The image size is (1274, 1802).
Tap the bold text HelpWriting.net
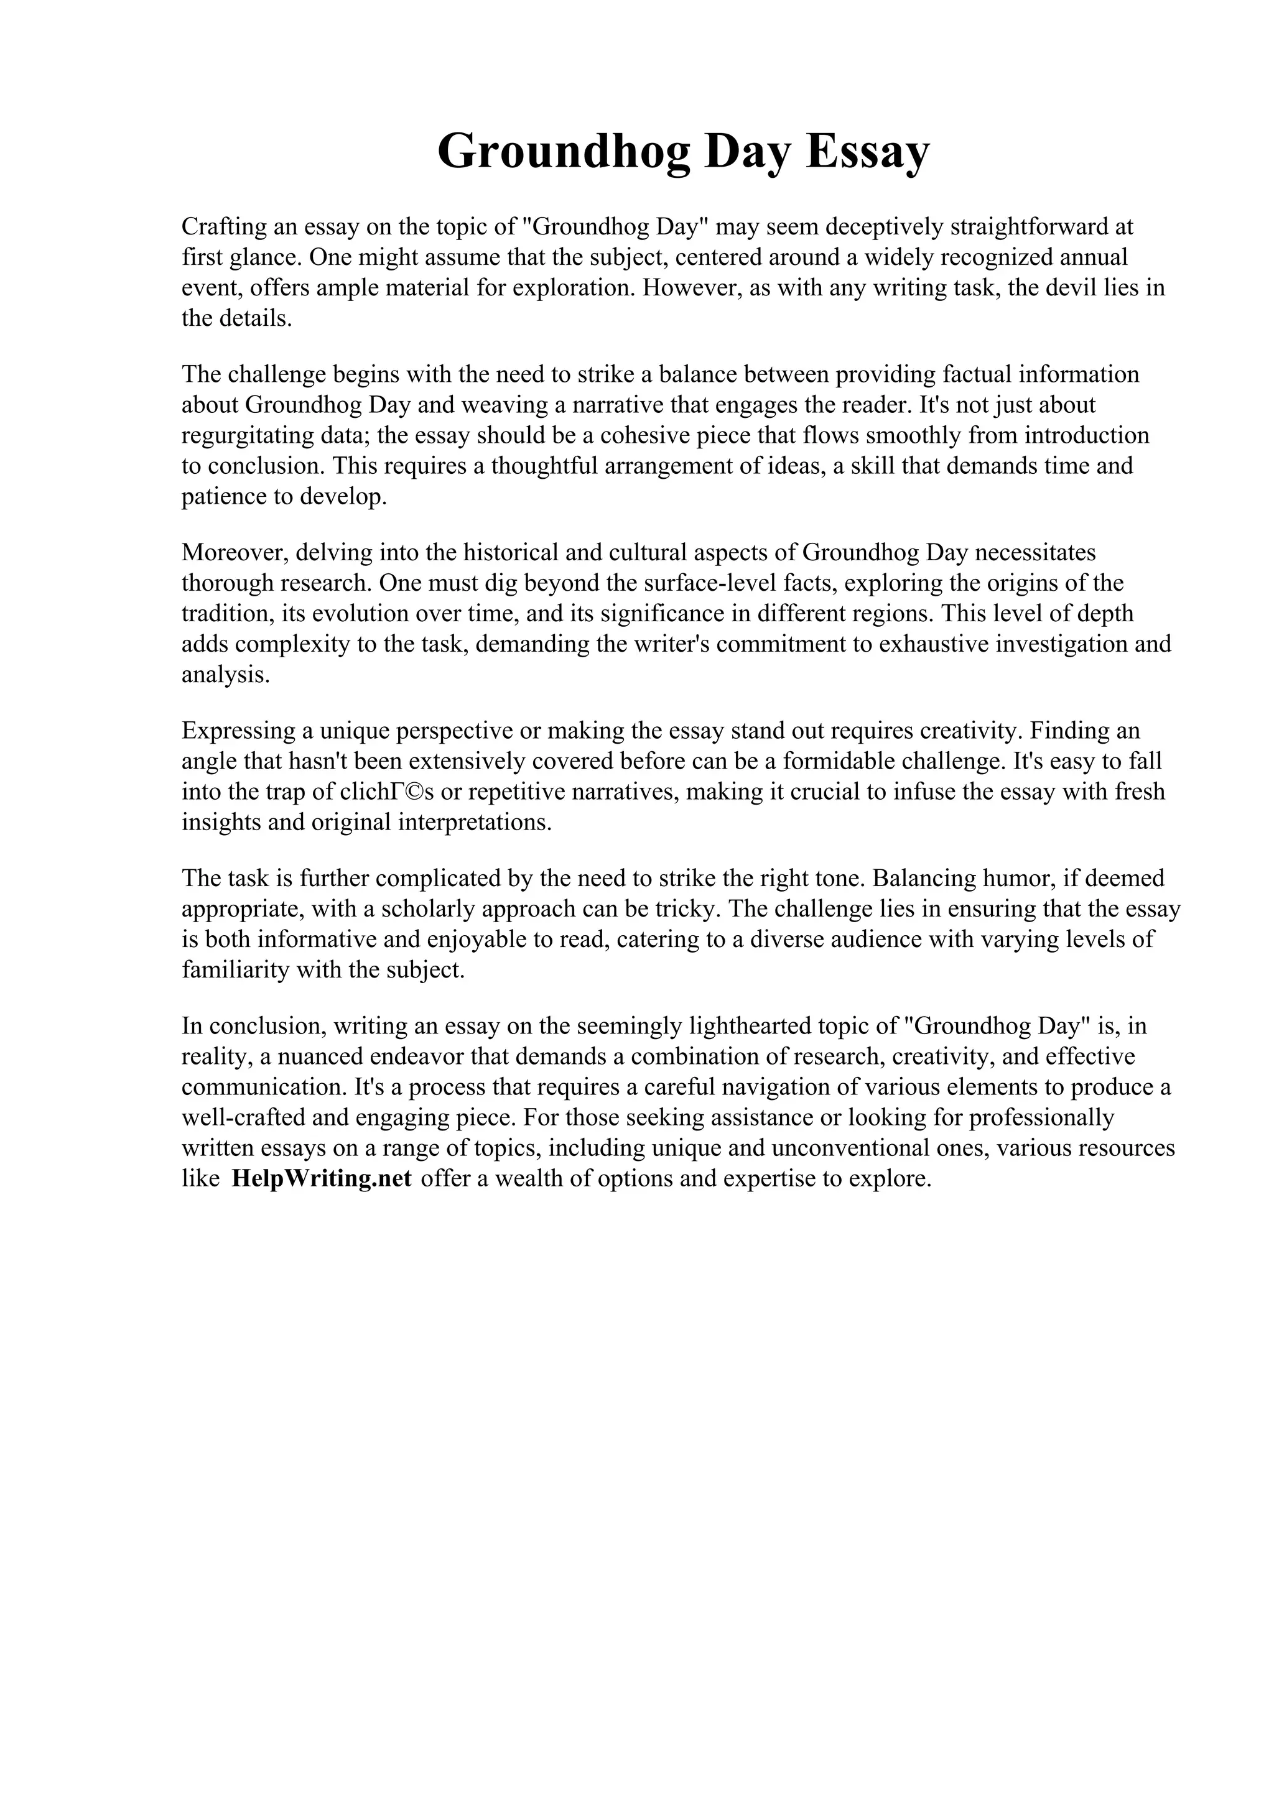[321, 1178]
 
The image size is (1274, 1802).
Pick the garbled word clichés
[387, 792]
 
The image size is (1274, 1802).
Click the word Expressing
[238, 731]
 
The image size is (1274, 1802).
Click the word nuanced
[315, 1056]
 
